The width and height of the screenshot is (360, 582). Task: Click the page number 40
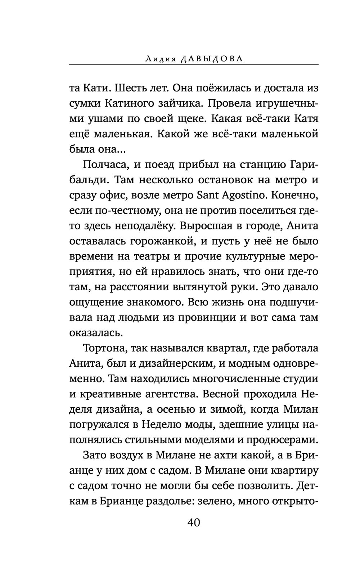[193, 522]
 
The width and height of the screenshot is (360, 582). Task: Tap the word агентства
[168, 394]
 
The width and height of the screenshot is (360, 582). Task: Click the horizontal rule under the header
[194, 65]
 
